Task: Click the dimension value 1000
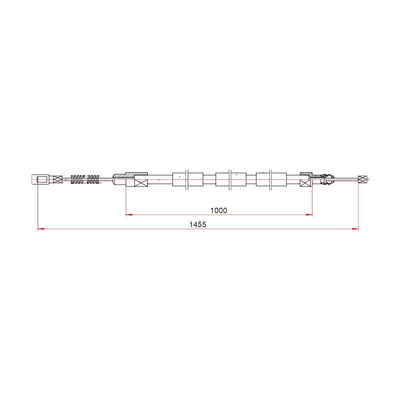tap(219, 210)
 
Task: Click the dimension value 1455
tap(198, 224)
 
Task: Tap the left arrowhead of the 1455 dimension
tap(41, 229)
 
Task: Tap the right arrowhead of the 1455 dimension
tap(355, 229)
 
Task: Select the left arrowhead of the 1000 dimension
tap(129, 215)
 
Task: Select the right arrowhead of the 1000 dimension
tap(309, 215)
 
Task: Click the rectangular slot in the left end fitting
tap(42, 179)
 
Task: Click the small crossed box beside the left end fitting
tap(58, 179)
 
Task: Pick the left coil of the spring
tap(76, 179)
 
